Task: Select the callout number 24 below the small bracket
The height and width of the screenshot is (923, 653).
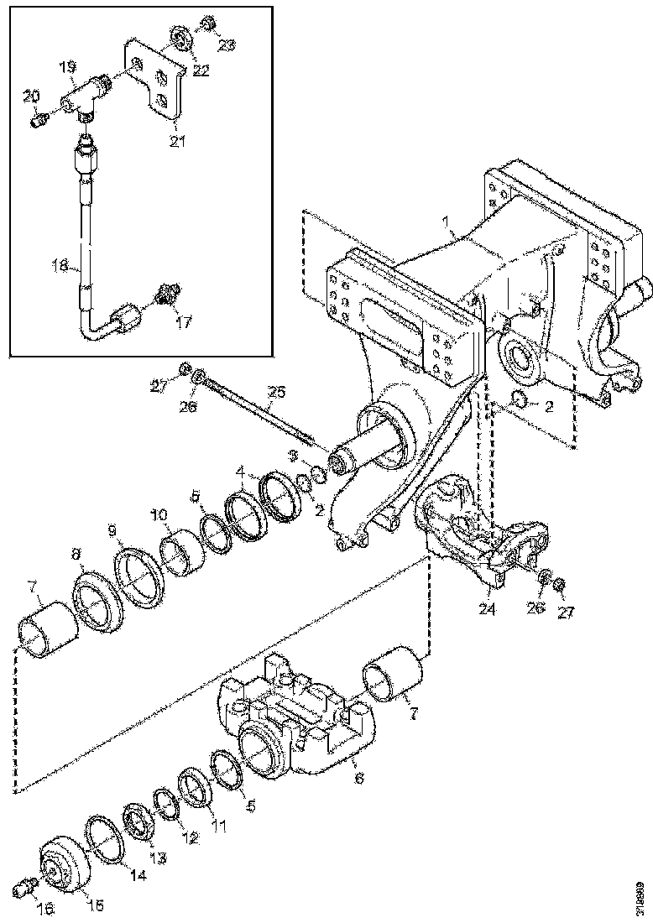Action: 488,610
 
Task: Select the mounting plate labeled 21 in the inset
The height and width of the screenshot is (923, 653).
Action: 159,80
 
